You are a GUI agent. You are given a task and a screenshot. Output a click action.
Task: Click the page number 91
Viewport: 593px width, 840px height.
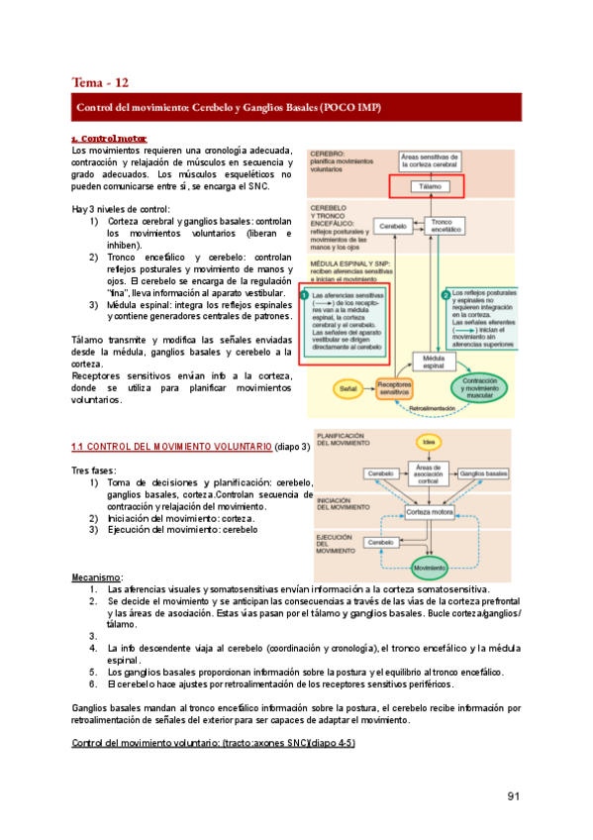[x=513, y=795]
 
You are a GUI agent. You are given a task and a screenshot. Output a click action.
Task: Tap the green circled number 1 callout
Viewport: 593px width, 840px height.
[x=305, y=285]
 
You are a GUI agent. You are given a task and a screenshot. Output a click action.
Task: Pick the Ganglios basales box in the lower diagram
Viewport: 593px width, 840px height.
[x=485, y=474]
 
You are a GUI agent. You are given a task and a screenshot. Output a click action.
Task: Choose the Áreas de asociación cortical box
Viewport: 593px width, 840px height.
[x=427, y=474]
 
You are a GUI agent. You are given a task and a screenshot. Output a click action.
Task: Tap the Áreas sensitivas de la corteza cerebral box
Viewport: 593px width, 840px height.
[x=432, y=161]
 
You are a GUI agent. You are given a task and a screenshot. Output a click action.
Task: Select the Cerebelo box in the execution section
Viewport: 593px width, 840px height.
[x=380, y=543]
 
